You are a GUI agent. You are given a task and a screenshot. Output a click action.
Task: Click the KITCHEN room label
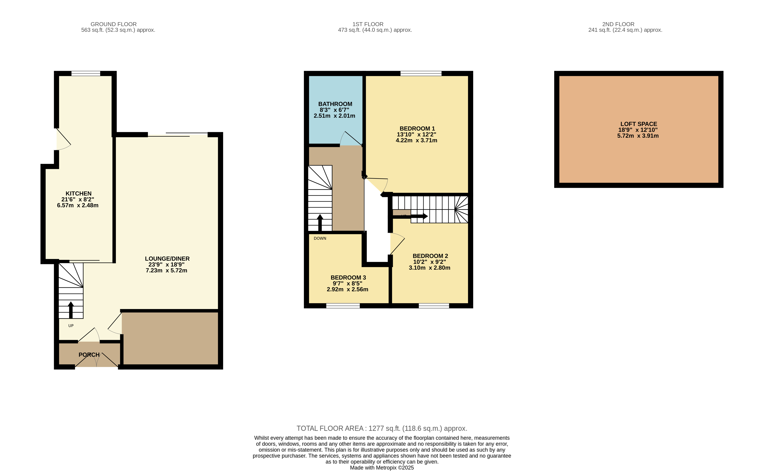point(79,193)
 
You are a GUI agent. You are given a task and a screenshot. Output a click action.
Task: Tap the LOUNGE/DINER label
point(167,259)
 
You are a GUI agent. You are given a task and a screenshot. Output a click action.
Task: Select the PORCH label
point(89,355)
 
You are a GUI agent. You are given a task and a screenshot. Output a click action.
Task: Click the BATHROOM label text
point(335,104)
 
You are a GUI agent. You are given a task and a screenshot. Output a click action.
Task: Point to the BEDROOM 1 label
point(417,129)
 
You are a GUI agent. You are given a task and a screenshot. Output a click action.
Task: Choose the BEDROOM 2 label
point(430,256)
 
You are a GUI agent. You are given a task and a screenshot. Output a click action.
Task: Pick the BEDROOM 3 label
point(348,278)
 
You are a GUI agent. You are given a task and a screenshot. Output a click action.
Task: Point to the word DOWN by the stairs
point(320,238)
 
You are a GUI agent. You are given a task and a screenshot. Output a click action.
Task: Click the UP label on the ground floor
point(71,326)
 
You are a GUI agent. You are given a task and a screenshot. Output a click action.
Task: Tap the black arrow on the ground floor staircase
point(71,310)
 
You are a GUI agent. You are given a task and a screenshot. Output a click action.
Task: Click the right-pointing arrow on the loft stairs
point(410,216)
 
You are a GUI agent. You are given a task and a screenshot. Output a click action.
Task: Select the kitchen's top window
point(86,74)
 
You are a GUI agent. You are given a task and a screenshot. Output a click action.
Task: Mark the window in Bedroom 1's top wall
point(421,74)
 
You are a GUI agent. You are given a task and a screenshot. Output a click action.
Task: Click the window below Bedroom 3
point(343,306)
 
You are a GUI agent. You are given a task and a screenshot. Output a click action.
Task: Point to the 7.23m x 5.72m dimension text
point(166,270)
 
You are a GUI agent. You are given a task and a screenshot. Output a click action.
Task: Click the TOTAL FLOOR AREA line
point(382,428)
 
